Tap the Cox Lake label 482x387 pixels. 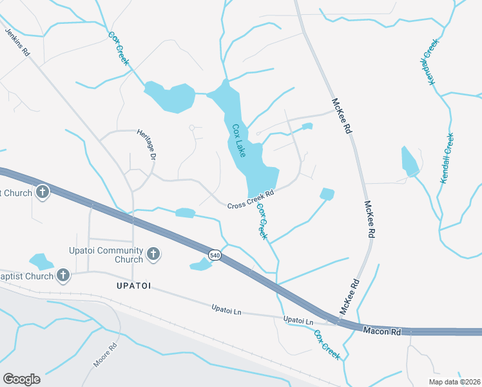pyautogui.click(x=238, y=141)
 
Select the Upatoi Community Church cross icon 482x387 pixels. pyautogui.click(x=153, y=254)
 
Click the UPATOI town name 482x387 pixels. pyautogui.click(x=133, y=285)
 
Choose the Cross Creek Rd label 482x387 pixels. pyautogui.click(x=251, y=199)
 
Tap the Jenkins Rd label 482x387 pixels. pyautogui.click(x=17, y=43)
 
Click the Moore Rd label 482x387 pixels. pyautogui.click(x=105, y=355)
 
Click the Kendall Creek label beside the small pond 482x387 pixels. pyautogui.click(x=447, y=159)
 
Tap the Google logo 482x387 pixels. pyautogui.click(x=21, y=379)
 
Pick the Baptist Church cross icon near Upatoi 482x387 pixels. pyautogui.click(x=63, y=275)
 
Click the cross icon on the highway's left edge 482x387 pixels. pyautogui.click(x=43, y=192)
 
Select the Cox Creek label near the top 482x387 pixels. pyautogui.click(x=118, y=48)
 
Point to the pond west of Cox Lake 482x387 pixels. pyautogui.click(x=170, y=97)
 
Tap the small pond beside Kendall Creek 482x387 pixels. pyautogui.click(x=409, y=162)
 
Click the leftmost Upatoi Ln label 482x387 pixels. pyautogui.click(x=226, y=310)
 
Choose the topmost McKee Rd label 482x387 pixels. pyautogui.click(x=342, y=115)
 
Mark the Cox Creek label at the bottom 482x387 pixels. pyautogui.click(x=327, y=344)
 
